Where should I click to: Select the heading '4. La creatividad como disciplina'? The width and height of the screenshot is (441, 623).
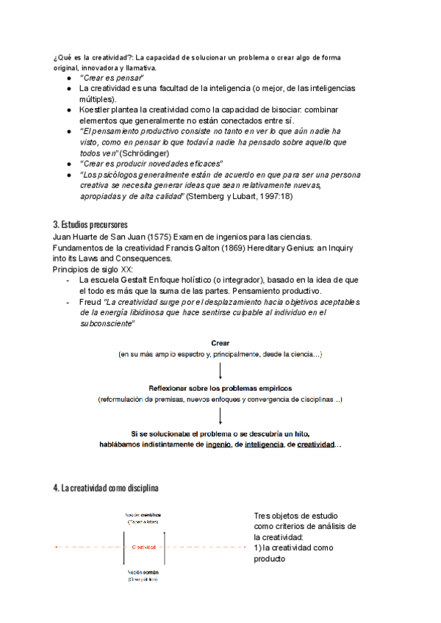105,488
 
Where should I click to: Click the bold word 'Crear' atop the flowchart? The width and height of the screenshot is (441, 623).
220,343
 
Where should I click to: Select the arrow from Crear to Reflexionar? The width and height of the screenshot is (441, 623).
220,371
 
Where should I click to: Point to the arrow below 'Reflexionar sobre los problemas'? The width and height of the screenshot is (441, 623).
220,416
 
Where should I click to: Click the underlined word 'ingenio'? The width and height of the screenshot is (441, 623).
220,445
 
